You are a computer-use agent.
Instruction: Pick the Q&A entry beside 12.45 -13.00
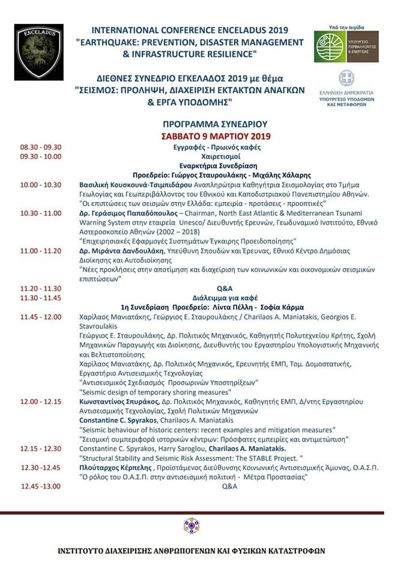[230, 486]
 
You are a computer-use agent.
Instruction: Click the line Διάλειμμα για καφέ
[224, 298]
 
